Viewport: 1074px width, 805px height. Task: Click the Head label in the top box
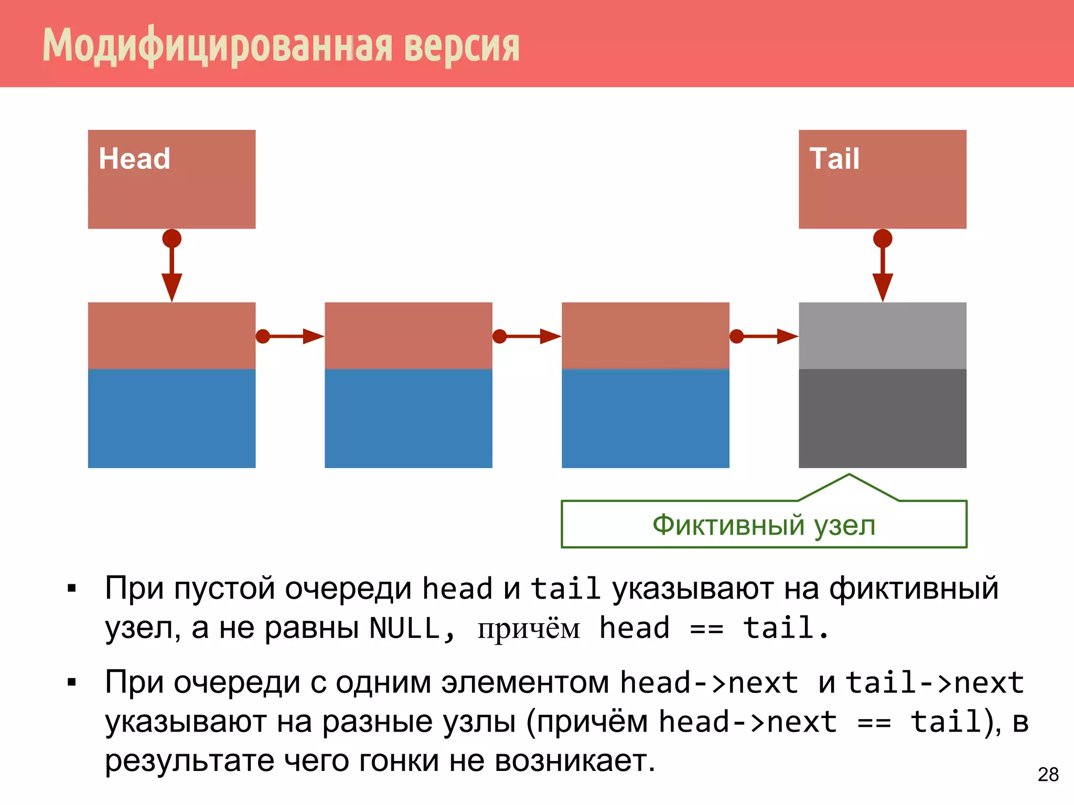[x=134, y=158]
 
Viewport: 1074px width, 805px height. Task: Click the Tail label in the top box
[x=834, y=158]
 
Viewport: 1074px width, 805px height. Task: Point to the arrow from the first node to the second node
[x=291, y=336]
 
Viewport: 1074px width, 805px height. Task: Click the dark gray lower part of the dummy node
[x=883, y=418]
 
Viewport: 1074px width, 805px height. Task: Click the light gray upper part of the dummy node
[x=883, y=335]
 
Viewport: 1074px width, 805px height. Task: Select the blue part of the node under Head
[x=171, y=418]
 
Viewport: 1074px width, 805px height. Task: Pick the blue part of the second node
[x=409, y=418]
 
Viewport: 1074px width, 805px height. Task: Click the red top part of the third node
[x=646, y=335]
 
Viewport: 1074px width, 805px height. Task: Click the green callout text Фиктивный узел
[x=764, y=525]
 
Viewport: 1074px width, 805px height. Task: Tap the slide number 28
[x=1048, y=775]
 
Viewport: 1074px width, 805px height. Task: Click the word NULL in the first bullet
[x=404, y=628]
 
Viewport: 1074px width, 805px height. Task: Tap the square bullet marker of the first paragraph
[x=72, y=589]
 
